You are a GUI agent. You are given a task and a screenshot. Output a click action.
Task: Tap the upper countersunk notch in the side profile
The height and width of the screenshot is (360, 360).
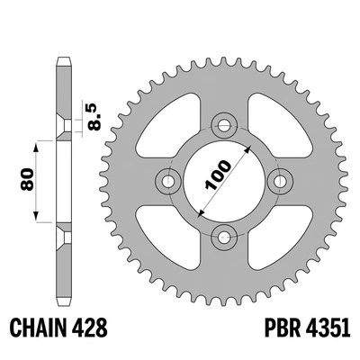pyautogui.click(x=63, y=124)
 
